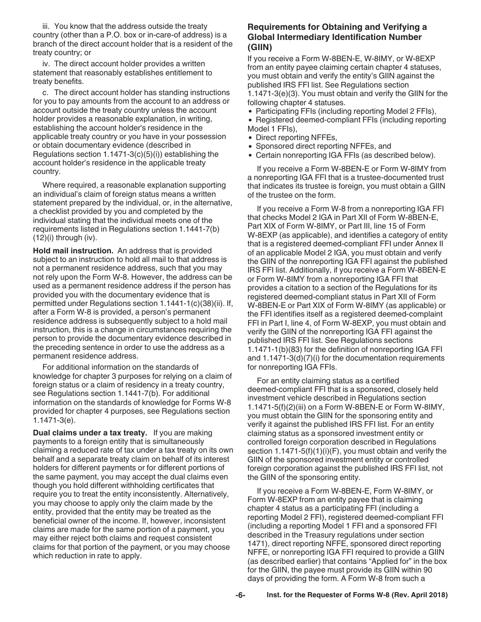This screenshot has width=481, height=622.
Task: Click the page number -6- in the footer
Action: click(240, 595)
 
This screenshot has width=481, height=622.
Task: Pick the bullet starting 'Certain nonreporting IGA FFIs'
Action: click(345, 155)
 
